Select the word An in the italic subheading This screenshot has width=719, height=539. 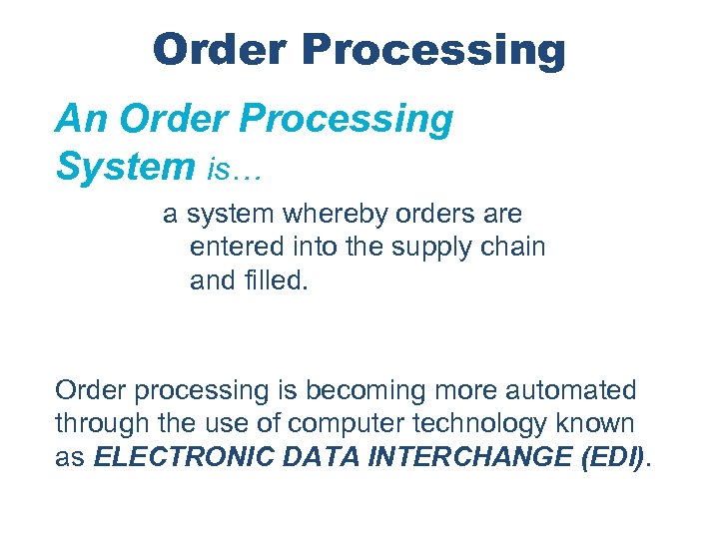[79, 119]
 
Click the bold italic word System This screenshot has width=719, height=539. [124, 166]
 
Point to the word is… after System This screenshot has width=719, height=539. [234, 171]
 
